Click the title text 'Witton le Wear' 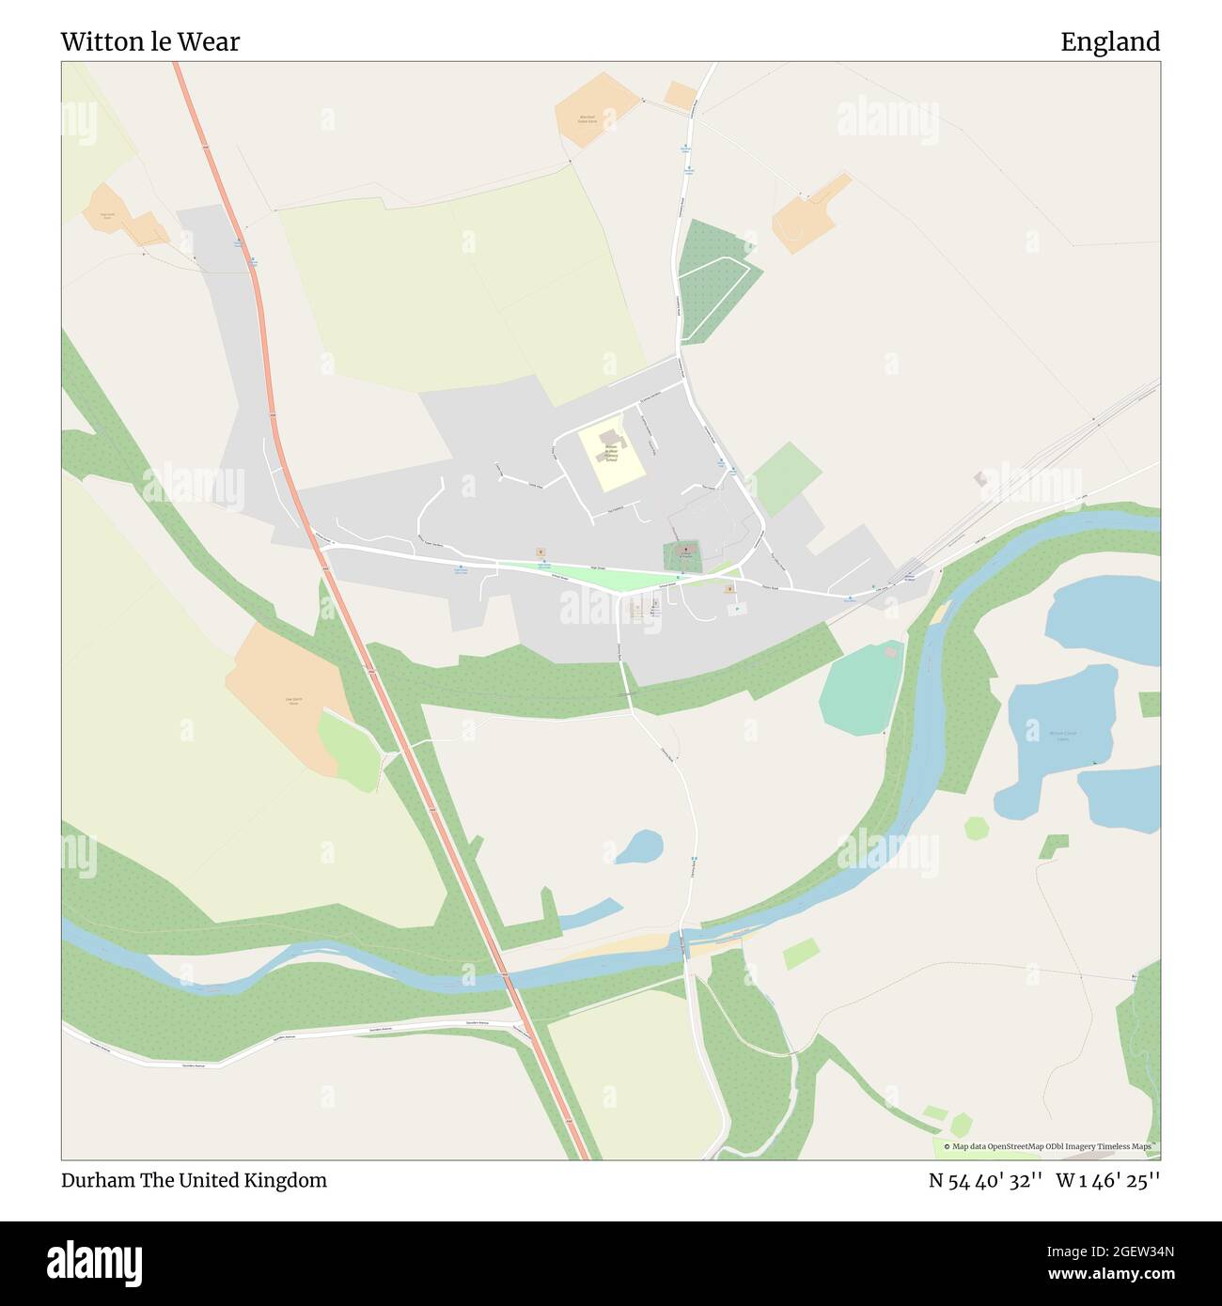pyautogui.click(x=150, y=41)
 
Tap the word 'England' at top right pyautogui.click(x=1110, y=41)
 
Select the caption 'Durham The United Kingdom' pyautogui.click(x=195, y=1180)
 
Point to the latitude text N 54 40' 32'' pyautogui.click(x=984, y=1180)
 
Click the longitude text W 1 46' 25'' pyautogui.click(x=1107, y=1180)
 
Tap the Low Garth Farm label pyautogui.click(x=291, y=700)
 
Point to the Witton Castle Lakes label pyautogui.click(x=1062, y=737)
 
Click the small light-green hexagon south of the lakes pyautogui.click(x=977, y=828)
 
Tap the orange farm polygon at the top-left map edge pyautogui.click(x=127, y=216)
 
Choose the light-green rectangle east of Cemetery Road pyautogui.click(x=787, y=478)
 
